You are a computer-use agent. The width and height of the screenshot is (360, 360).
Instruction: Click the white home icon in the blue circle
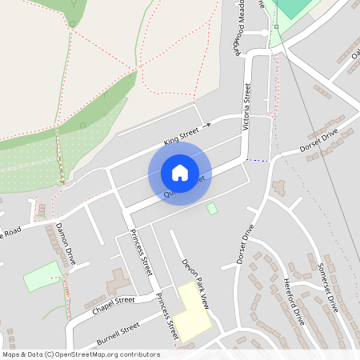(180, 173)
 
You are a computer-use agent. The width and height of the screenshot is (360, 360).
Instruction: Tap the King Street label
(180, 136)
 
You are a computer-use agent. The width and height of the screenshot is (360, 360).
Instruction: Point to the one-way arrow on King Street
(206, 125)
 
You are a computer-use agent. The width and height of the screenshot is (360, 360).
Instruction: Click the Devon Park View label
(194, 283)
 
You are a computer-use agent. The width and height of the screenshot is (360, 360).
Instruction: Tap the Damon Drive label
(66, 242)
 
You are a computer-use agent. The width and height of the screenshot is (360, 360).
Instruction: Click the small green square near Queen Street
(212, 208)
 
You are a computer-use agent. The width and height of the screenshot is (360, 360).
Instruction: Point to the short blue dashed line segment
(256, 160)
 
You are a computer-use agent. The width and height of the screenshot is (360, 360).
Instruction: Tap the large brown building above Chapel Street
(117, 282)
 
